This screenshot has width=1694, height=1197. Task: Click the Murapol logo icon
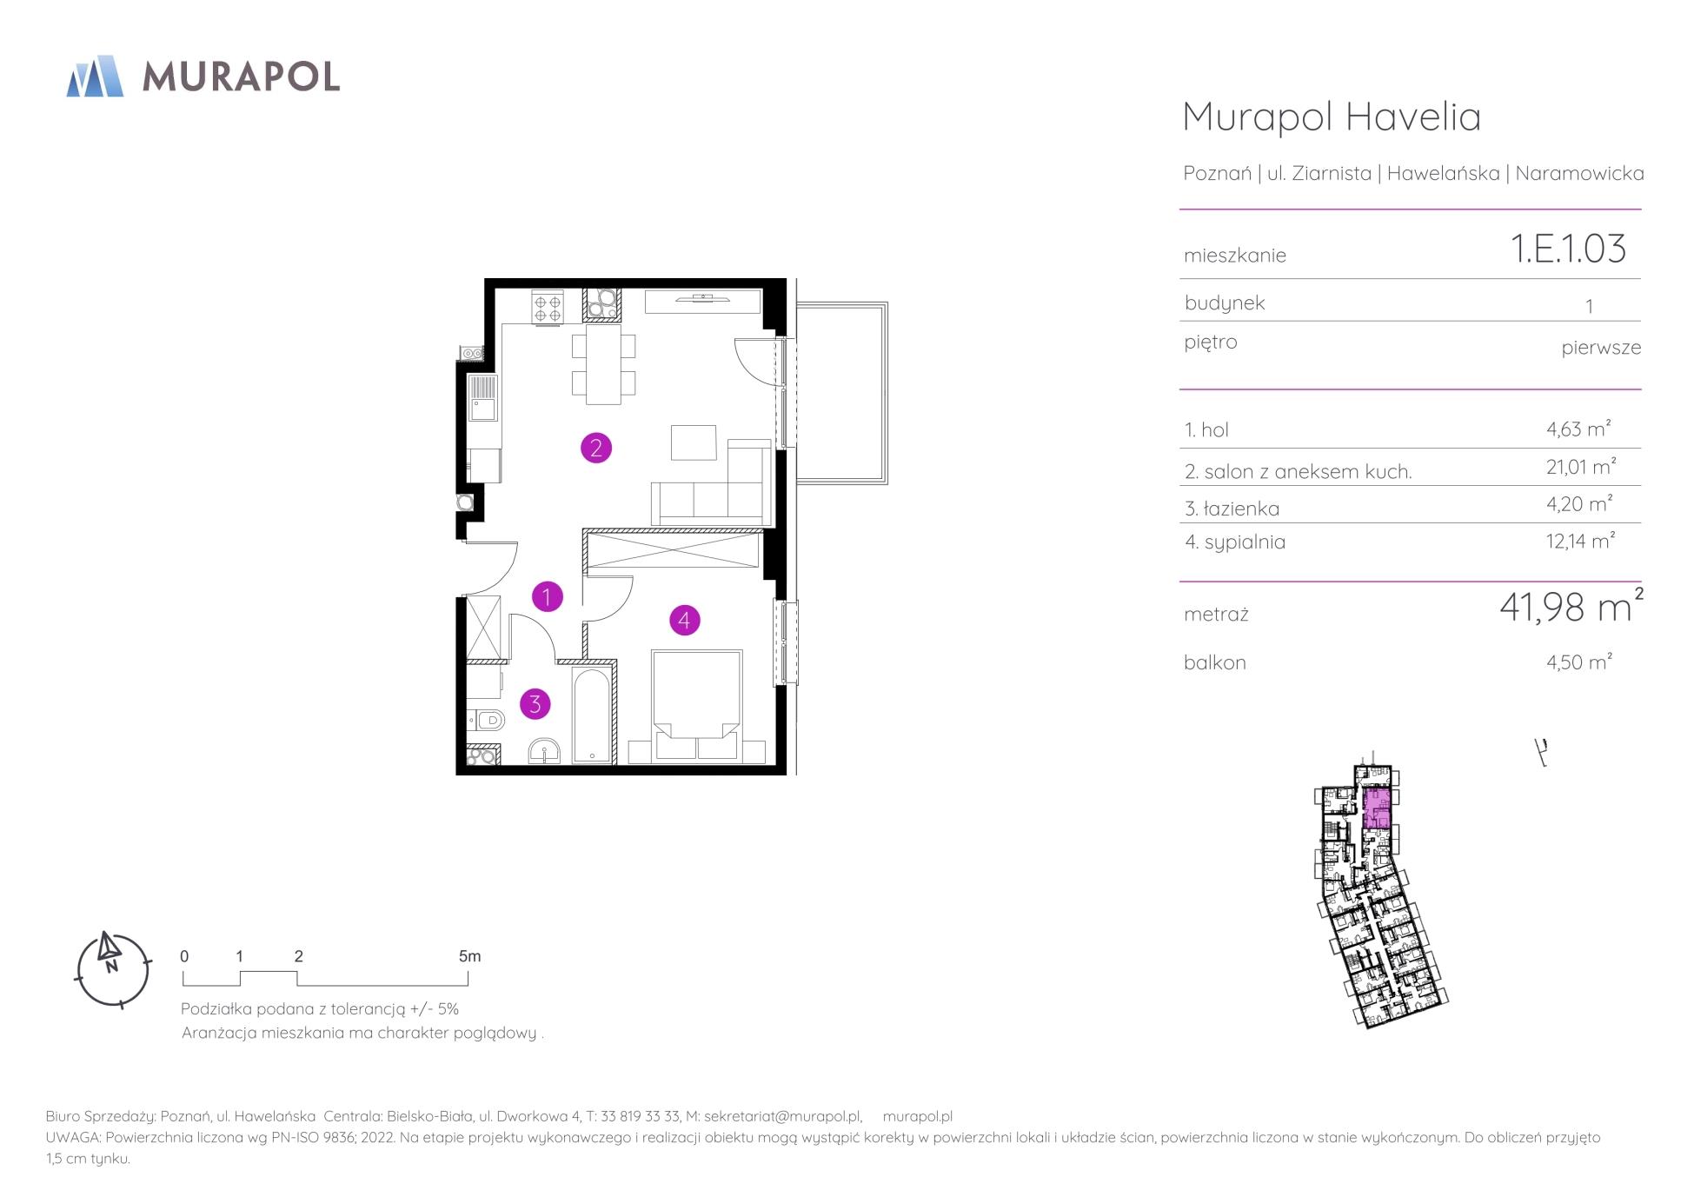(95, 76)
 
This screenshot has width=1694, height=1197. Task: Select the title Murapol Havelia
(1332, 116)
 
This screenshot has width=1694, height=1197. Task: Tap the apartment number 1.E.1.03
(1569, 249)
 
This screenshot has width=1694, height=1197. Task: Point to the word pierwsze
(1601, 349)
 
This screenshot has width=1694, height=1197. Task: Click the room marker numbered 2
(596, 449)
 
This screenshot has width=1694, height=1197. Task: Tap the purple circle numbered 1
(548, 597)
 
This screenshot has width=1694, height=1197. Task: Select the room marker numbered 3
(535, 704)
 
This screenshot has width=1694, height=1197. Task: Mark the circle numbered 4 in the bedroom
(685, 621)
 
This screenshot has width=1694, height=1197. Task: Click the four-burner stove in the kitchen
(548, 307)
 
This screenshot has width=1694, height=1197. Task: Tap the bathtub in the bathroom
(593, 715)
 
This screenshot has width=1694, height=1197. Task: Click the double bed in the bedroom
(697, 705)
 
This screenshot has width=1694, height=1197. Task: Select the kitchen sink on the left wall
(483, 398)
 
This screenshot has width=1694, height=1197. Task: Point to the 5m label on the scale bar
(469, 956)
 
